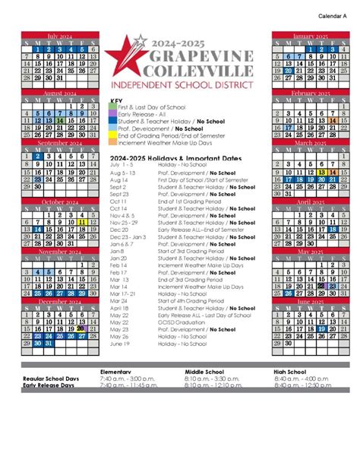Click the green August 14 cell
point(60,120)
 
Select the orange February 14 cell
point(332,120)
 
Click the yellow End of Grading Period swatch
point(113,135)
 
